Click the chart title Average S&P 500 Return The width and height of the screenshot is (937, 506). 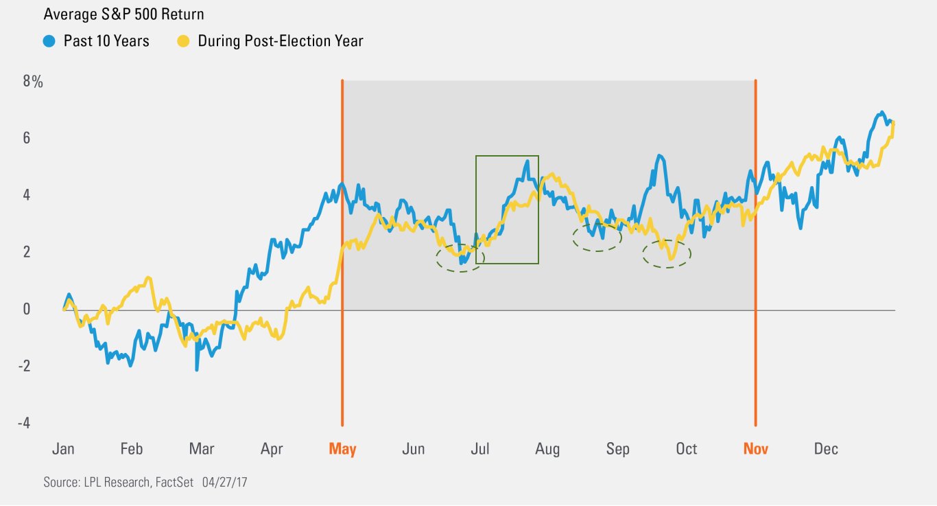(x=123, y=14)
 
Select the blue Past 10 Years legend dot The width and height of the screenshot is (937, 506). (x=49, y=41)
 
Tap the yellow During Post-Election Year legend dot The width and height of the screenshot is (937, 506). (x=183, y=41)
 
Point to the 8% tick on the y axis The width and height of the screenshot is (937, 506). (x=33, y=82)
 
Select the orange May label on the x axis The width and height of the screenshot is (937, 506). (x=342, y=449)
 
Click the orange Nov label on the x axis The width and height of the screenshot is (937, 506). (x=756, y=449)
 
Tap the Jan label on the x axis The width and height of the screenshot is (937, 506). (x=63, y=449)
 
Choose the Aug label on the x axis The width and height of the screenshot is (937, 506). (x=547, y=449)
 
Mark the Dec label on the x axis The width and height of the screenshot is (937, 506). (x=826, y=449)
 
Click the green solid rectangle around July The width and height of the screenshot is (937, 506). (x=507, y=156)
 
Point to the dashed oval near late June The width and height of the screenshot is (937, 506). (x=460, y=257)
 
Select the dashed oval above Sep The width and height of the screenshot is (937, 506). (x=597, y=237)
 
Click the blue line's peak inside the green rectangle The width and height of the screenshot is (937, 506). (x=527, y=162)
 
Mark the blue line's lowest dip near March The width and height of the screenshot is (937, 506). (x=197, y=369)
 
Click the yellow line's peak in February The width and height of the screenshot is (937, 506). (x=148, y=278)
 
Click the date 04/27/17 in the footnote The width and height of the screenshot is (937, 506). (x=225, y=483)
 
